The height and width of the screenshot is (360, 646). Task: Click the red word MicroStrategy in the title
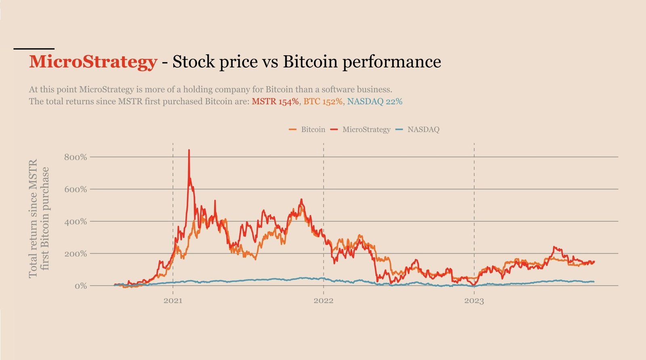tap(93, 62)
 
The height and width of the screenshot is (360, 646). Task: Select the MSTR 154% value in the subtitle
tap(275, 101)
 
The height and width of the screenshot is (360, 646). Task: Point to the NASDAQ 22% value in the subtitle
tap(375, 101)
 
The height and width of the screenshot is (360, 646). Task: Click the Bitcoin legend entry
tap(313, 130)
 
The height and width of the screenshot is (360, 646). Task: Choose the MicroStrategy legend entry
tap(366, 130)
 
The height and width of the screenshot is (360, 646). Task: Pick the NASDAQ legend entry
tap(423, 130)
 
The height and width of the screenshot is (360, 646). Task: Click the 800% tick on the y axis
tap(76, 157)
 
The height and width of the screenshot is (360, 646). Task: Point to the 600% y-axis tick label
tap(76, 189)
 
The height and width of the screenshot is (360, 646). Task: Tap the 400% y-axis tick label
tap(76, 222)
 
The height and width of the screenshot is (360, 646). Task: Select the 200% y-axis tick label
tap(76, 254)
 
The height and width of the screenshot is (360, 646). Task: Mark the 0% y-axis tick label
tap(81, 286)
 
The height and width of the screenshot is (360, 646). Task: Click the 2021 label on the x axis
tap(173, 301)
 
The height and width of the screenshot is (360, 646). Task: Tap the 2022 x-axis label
tap(323, 301)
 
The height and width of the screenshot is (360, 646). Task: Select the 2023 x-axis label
tap(474, 301)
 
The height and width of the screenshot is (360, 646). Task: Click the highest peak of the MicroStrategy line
tap(189, 151)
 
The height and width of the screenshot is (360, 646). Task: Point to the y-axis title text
tap(39, 218)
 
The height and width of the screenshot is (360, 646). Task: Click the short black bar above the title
tap(34, 49)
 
